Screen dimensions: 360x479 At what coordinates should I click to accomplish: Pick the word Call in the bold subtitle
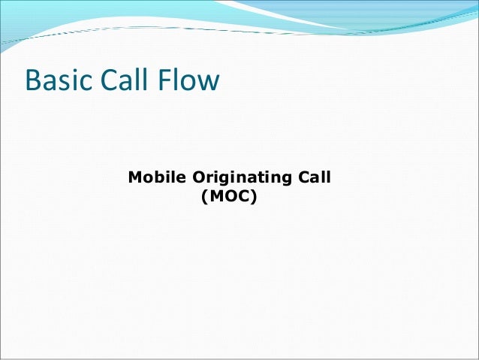pyautogui.click(x=315, y=179)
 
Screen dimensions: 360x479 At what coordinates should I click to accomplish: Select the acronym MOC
pyautogui.click(x=229, y=199)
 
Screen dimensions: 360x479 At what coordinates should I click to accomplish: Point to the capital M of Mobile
pyautogui.click(x=136, y=179)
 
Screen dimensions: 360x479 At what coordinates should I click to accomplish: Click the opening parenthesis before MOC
pyautogui.click(x=205, y=200)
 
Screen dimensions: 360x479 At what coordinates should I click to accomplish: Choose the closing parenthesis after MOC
pyautogui.click(x=255, y=200)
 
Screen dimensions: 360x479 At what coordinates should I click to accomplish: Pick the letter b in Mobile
pyautogui.click(x=161, y=179)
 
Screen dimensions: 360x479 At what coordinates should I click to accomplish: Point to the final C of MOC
pyautogui.click(x=244, y=199)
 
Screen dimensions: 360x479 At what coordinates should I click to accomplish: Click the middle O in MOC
pyautogui.click(x=230, y=199)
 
